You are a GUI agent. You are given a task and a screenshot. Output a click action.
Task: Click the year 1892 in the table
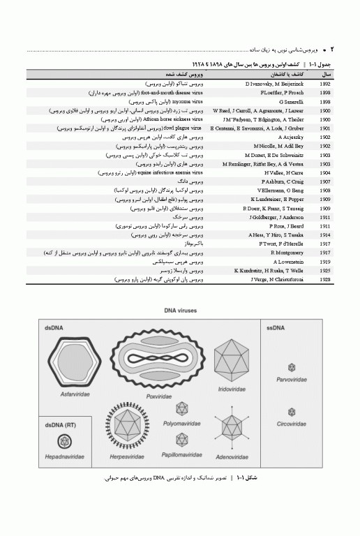coord(325,84)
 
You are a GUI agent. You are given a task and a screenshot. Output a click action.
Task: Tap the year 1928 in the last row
coord(325,279)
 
